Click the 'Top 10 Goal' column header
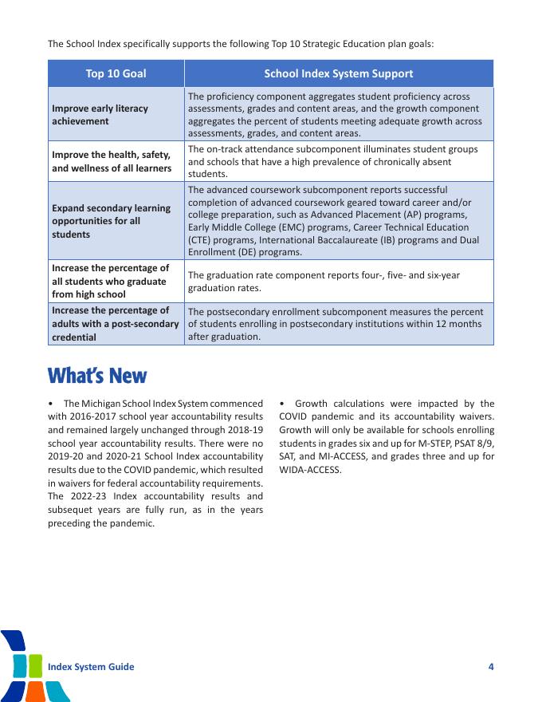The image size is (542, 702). click(x=116, y=73)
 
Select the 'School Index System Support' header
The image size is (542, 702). click(x=338, y=73)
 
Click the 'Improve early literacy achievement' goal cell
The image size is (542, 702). click(x=100, y=114)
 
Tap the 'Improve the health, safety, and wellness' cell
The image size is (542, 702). click(x=111, y=161)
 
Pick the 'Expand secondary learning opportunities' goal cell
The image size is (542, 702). click(x=111, y=221)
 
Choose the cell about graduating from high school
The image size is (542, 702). click(x=110, y=281)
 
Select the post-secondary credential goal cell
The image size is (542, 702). click(x=115, y=323)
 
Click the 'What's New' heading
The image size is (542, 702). click(x=97, y=375)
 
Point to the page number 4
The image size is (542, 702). click(x=491, y=667)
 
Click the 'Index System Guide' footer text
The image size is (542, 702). click(x=91, y=667)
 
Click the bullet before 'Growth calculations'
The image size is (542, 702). click(x=282, y=404)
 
